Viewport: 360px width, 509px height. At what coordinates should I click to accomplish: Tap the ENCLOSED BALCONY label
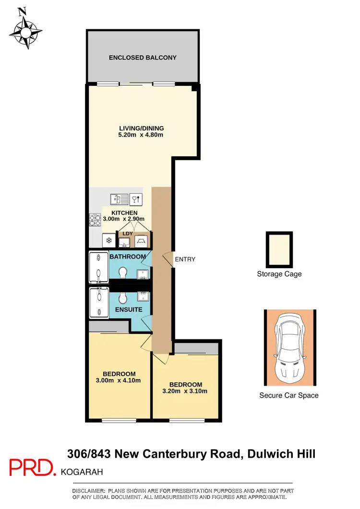pos(143,58)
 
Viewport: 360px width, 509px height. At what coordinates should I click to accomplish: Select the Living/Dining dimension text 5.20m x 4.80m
pos(142,135)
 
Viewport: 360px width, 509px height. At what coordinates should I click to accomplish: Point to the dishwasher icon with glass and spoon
pos(136,198)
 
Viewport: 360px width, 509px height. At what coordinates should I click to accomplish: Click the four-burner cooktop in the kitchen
pos(95,220)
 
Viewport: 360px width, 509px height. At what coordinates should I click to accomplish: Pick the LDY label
pos(128,234)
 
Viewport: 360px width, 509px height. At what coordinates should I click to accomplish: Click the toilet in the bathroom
pos(122,273)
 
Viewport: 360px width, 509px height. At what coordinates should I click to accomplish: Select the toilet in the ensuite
pos(122,298)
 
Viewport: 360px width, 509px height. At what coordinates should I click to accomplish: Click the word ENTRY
pos(185,259)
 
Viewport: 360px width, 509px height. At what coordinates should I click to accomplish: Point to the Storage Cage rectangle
pos(279,249)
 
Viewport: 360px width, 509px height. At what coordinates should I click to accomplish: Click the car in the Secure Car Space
pos(290,347)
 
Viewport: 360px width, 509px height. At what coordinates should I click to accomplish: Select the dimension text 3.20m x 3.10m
pos(185,391)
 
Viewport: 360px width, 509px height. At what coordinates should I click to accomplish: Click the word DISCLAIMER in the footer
pos(88,491)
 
